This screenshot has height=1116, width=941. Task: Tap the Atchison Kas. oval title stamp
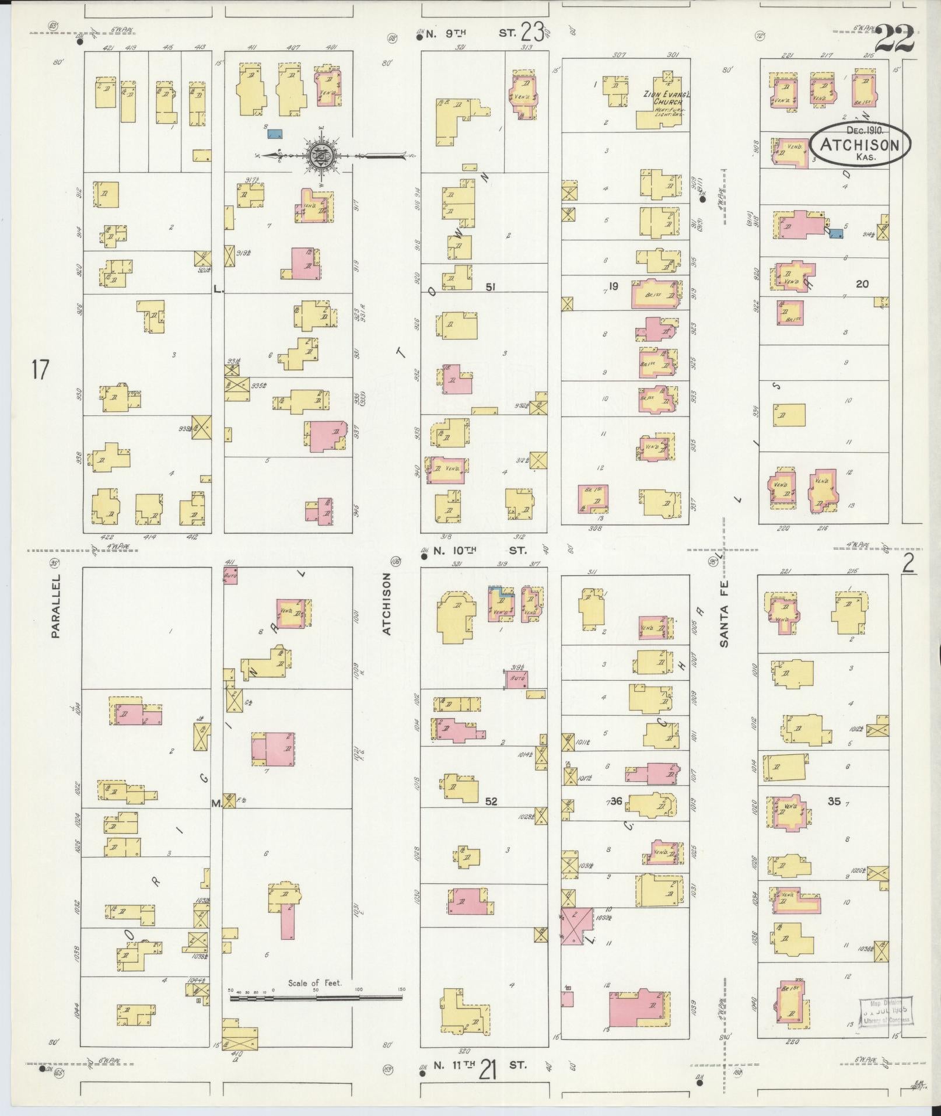tap(860, 144)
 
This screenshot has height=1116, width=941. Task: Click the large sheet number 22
tap(894, 39)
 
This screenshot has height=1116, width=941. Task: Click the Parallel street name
tap(56, 605)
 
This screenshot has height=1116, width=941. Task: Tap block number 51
tap(491, 286)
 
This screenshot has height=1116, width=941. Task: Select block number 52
tap(491, 802)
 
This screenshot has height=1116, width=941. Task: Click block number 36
tap(615, 801)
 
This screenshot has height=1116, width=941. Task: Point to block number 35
tap(834, 801)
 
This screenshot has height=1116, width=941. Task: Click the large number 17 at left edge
tap(40, 370)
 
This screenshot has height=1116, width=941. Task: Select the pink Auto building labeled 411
tap(230, 575)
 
